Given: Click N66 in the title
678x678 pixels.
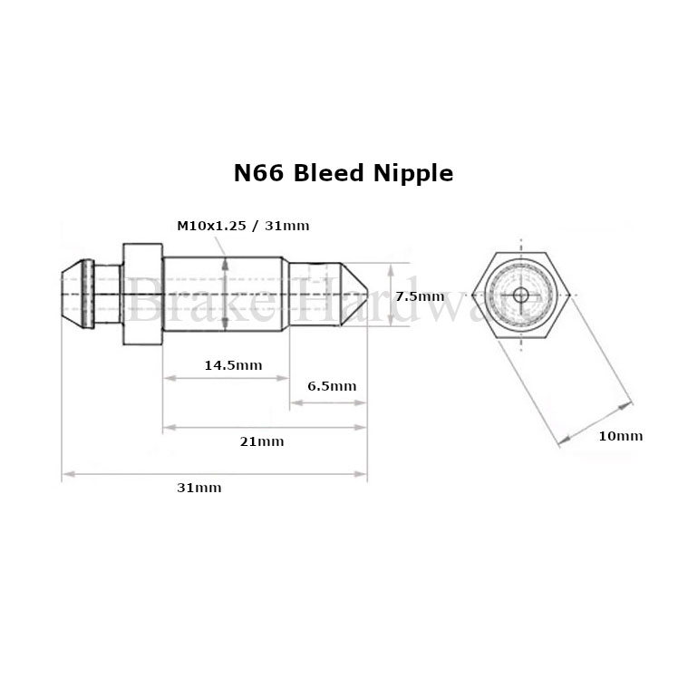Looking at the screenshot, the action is (x=258, y=173).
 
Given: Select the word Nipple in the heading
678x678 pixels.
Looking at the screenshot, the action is (x=413, y=174).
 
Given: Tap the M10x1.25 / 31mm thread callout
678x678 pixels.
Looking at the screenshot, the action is (x=243, y=226).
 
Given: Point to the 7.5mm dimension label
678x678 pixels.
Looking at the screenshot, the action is (x=420, y=296).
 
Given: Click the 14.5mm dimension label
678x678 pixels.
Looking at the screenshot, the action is (x=233, y=365).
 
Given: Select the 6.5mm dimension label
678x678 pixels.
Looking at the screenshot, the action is (x=332, y=386).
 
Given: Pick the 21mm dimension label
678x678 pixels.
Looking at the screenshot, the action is (x=262, y=441).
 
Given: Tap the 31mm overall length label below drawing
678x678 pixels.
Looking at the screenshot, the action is (x=199, y=488).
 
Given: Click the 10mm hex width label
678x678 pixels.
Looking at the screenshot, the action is (x=621, y=436).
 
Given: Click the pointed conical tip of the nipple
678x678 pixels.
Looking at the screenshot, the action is (x=354, y=294).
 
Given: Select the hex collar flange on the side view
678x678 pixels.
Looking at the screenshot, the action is (x=142, y=294).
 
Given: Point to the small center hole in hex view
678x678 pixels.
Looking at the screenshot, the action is (x=521, y=295).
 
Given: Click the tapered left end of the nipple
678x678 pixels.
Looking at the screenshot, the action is (x=73, y=294).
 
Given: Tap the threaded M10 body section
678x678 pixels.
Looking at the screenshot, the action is (x=224, y=294).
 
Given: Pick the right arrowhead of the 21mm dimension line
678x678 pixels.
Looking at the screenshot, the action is (x=360, y=428).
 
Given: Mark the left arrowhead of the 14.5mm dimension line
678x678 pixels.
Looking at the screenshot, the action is (x=169, y=378).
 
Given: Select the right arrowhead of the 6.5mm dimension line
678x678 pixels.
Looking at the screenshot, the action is (x=360, y=403).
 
